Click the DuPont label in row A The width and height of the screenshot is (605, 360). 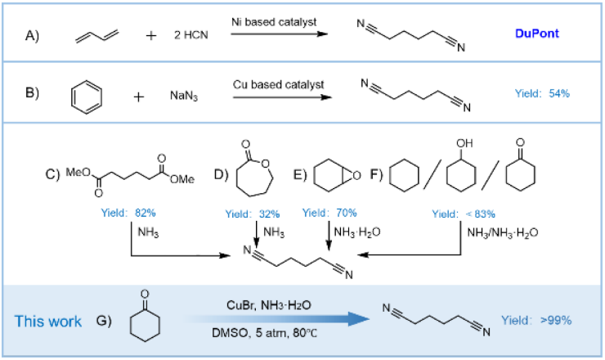537,34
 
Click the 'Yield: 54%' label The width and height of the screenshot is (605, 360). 542,93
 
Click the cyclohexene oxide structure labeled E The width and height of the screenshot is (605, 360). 334,173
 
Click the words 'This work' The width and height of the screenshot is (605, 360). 48,321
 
